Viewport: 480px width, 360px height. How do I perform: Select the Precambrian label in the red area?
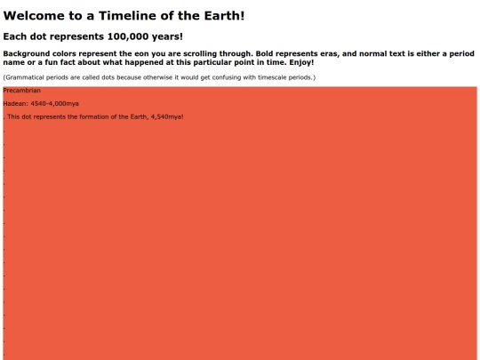[x=22, y=91]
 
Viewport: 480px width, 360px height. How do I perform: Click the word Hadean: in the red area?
[x=15, y=104]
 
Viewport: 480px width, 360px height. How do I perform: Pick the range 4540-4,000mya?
[x=54, y=104]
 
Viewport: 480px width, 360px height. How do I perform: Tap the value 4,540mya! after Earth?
[x=165, y=117]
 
